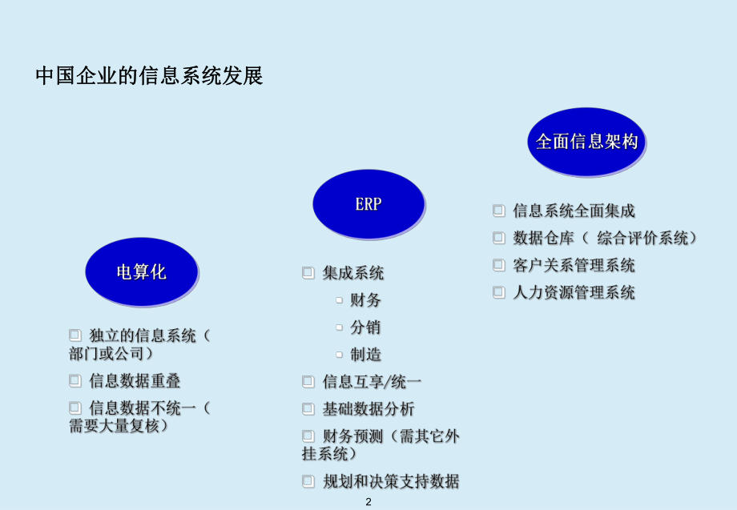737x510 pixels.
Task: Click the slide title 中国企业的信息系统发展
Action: tap(150, 77)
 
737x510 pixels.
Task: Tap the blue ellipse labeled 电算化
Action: tap(141, 271)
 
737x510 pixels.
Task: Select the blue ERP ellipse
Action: tap(368, 203)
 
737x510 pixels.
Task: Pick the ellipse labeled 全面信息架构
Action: tap(586, 142)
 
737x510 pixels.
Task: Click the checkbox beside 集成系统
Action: tap(308, 273)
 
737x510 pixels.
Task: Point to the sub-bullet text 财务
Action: tap(365, 300)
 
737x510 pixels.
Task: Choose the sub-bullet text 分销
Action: tap(365, 327)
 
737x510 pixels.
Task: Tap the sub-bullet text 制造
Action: tap(365, 355)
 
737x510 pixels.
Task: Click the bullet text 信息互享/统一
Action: tap(372, 382)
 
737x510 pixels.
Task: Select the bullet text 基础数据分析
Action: tap(368, 409)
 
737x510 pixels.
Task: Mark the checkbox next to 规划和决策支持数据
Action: tap(308, 481)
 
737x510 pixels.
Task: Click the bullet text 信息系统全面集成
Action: tap(574, 211)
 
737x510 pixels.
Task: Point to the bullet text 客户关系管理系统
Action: tap(574, 265)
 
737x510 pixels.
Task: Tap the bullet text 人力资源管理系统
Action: tap(574, 292)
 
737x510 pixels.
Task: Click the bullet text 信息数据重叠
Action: tap(135, 380)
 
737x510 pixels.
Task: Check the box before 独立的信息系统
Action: tap(75, 335)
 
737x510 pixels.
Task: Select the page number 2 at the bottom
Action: tap(368, 502)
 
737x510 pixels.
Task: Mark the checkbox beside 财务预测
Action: tap(308, 436)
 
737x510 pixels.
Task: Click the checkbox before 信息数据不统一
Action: tap(75, 408)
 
